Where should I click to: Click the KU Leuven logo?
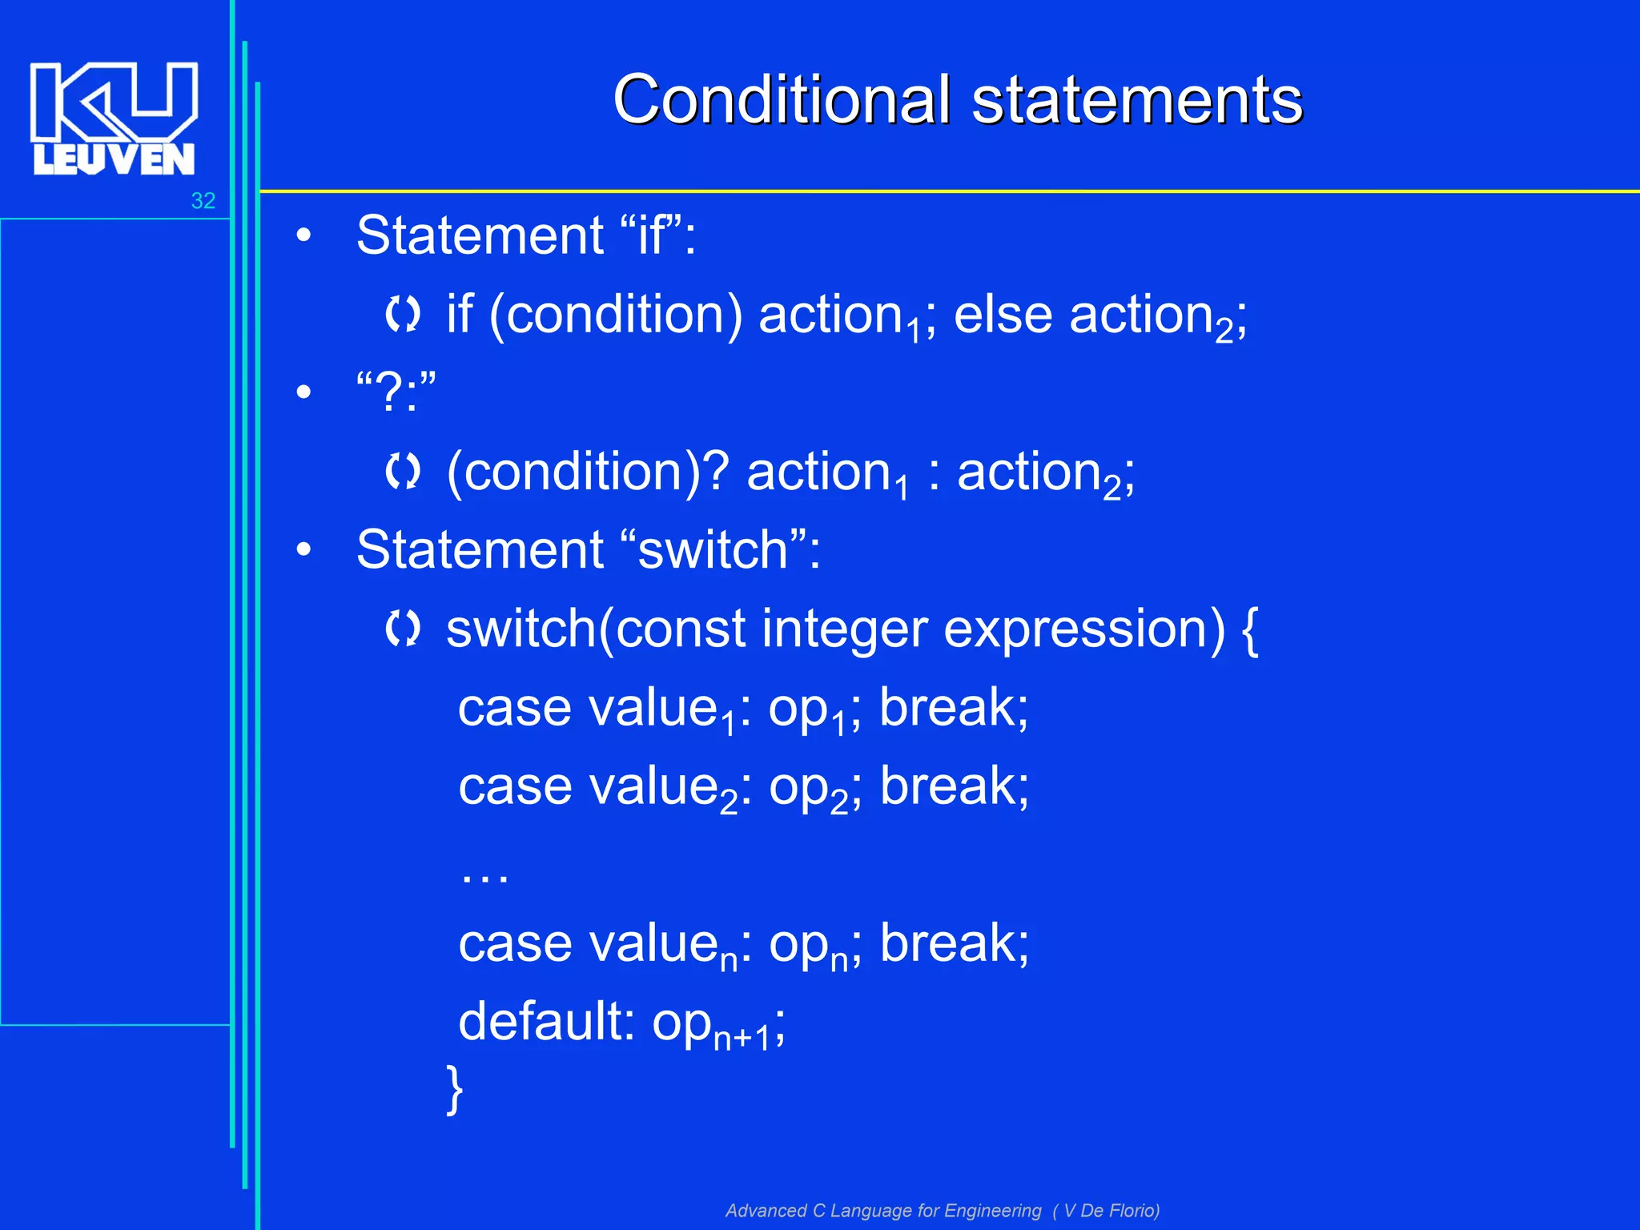(114, 118)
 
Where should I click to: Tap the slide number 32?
(203, 201)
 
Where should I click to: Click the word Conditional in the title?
(782, 100)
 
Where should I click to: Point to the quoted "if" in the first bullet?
(650, 235)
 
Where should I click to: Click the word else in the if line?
(1003, 314)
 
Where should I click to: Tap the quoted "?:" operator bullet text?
(396, 392)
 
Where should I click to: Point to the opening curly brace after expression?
(1249, 630)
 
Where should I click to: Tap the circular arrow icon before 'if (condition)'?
(402, 314)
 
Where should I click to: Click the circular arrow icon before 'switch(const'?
(402, 629)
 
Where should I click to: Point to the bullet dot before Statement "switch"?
(303, 550)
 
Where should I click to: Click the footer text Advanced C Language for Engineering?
(883, 1210)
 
